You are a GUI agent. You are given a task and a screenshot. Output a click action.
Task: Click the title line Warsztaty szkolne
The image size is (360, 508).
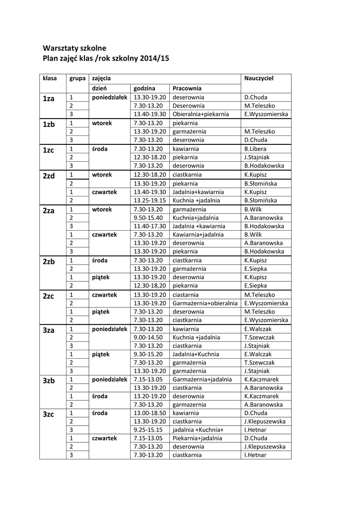coord(74,49)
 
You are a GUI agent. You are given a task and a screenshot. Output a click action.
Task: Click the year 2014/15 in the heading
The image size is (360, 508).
coord(154,58)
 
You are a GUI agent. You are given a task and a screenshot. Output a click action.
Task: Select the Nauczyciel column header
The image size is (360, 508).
coord(259,78)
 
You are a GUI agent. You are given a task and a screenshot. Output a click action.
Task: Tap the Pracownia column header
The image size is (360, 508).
coord(187,88)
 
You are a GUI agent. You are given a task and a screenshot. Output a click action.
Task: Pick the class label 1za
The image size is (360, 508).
coord(48,99)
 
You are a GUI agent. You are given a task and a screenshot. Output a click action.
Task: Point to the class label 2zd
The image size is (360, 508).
coord(48,176)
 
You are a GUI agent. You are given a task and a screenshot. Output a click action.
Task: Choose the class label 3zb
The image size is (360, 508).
coord(48,381)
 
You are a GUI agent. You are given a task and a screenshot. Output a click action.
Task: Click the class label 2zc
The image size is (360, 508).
coord(48,296)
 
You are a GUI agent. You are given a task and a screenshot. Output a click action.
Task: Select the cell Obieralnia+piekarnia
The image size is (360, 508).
coord(201,114)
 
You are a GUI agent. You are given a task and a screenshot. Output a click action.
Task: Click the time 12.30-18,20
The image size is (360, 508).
coord(149,286)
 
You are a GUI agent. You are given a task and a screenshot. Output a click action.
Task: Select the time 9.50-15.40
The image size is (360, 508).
coord(148,217)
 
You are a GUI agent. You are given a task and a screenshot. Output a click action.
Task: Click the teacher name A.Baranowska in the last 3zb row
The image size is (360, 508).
coord(264,404)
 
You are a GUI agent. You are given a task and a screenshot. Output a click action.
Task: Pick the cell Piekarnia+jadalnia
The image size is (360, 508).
coord(197,438)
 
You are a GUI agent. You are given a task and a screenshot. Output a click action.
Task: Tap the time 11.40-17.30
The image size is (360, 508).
coord(149,226)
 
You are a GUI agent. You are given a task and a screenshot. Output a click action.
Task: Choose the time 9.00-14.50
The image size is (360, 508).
coord(148,337)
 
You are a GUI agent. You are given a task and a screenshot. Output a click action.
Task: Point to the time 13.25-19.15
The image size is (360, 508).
coord(149,200)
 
